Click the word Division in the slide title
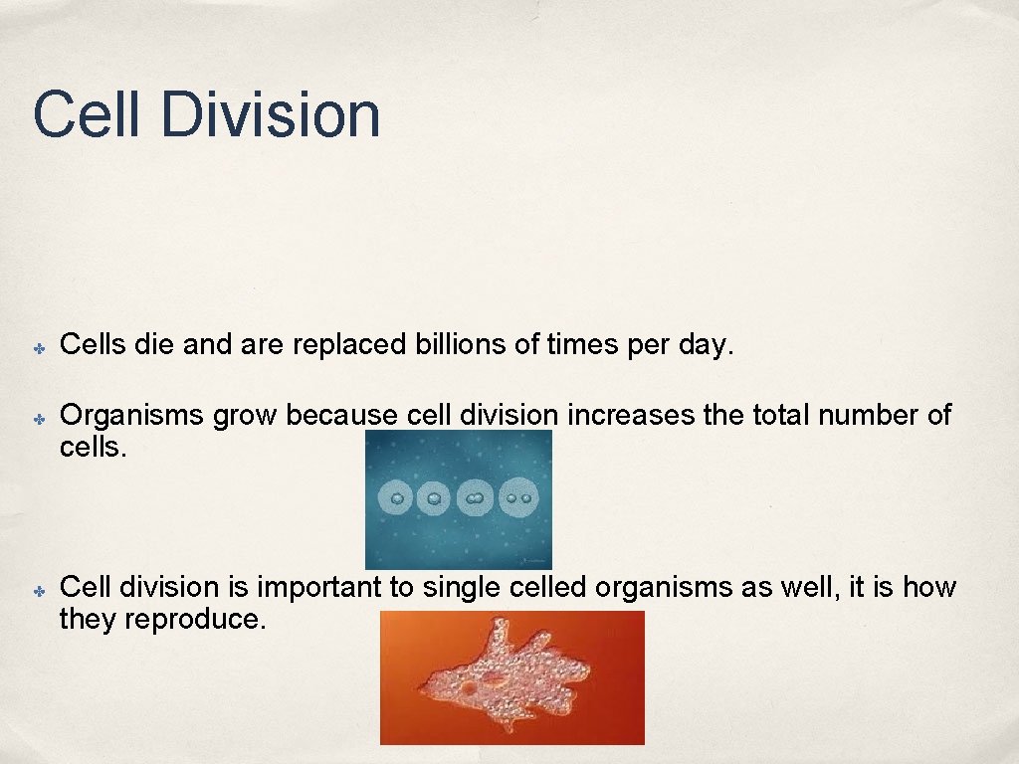(x=270, y=114)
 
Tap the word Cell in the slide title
(x=88, y=114)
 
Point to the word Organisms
(x=133, y=416)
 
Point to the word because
(x=343, y=415)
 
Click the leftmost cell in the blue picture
(x=398, y=496)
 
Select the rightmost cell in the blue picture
(x=517, y=495)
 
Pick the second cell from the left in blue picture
(x=435, y=496)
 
